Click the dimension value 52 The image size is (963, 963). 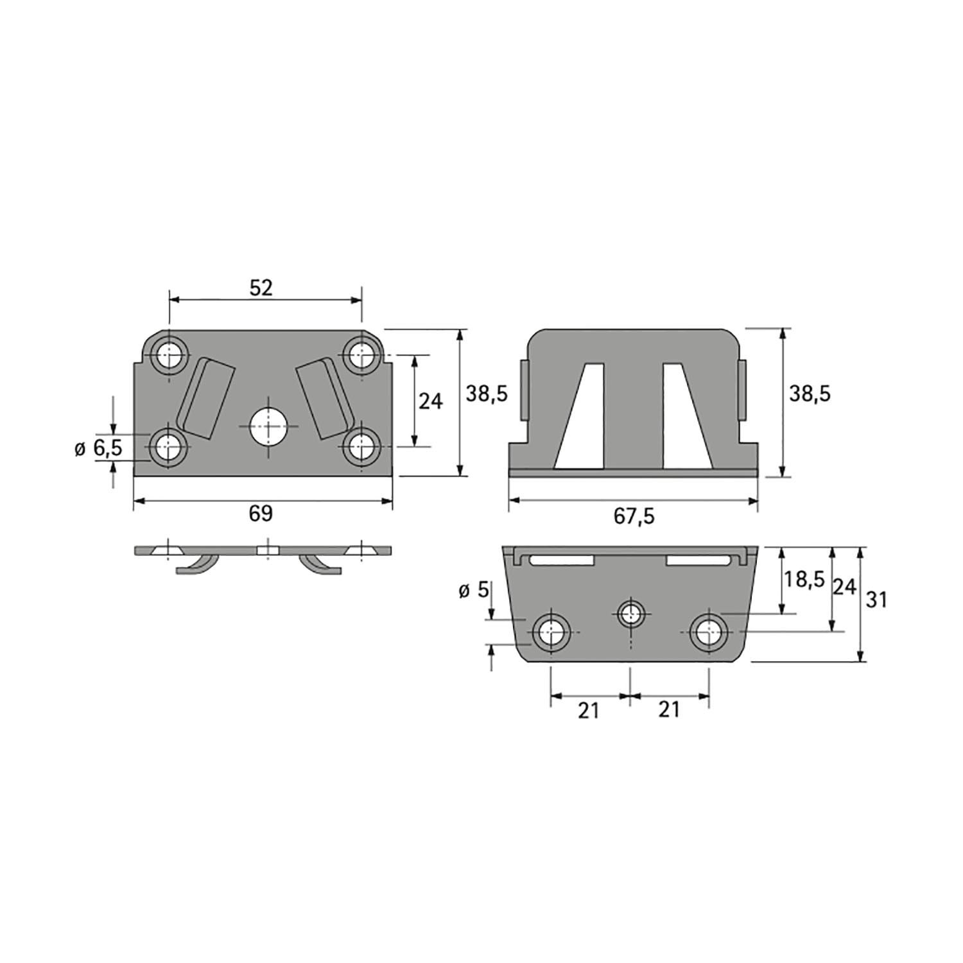(x=261, y=288)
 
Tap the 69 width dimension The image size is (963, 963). (x=261, y=513)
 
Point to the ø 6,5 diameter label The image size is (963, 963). (x=98, y=448)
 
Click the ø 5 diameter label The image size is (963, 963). (x=474, y=591)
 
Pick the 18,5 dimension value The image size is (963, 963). (x=803, y=579)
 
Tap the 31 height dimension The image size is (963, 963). (x=876, y=600)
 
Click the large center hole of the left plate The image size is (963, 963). (x=268, y=426)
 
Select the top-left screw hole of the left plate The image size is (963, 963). (x=169, y=353)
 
